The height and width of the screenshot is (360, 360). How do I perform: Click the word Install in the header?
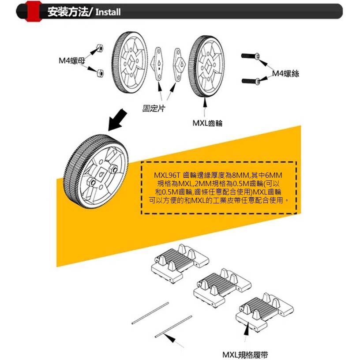pyautogui.click(x=108, y=12)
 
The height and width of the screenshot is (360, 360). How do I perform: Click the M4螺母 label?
pyautogui.click(x=71, y=60)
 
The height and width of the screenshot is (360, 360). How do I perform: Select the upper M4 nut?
pyautogui.click(x=100, y=48)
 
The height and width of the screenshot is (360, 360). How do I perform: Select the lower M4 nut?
pyautogui.click(x=100, y=72)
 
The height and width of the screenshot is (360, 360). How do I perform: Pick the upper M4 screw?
pyautogui.click(x=252, y=56)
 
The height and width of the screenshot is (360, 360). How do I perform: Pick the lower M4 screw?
pyautogui.click(x=252, y=81)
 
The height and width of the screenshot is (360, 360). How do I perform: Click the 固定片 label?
pyautogui.click(x=154, y=108)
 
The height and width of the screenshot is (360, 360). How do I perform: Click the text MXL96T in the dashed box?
pyautogui.click(x=166, y=176)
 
